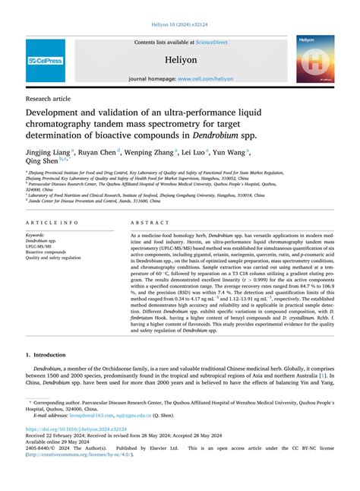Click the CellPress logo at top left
[x=46, y=60]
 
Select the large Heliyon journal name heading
[x=180, y=59]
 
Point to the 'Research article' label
[x=49, y=98]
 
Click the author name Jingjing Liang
[x=49, y=153]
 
